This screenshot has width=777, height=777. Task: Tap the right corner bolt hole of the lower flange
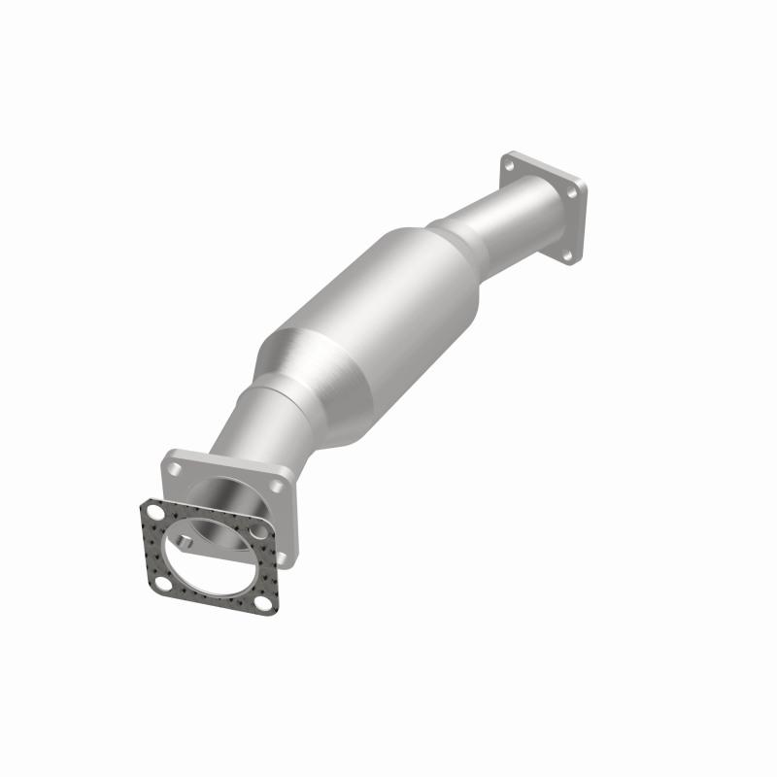pos(278,486)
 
